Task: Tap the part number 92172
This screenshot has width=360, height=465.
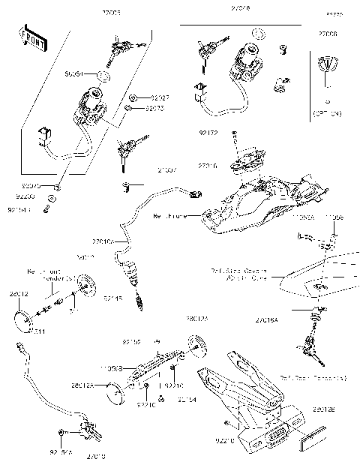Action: pos(208,133)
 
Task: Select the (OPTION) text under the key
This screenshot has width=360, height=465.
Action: pos(326,112)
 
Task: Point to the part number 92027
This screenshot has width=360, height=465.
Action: pos(160,97)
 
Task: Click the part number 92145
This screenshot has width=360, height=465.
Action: pos(113,298)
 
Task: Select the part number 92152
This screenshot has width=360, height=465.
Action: pos(131,342)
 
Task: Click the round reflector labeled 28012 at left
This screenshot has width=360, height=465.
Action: pos(27,315)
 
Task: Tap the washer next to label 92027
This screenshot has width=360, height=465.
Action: pos(133,97)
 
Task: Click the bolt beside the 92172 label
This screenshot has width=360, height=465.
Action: pos(236,135)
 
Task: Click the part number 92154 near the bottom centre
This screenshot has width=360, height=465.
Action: pos(187,400)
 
